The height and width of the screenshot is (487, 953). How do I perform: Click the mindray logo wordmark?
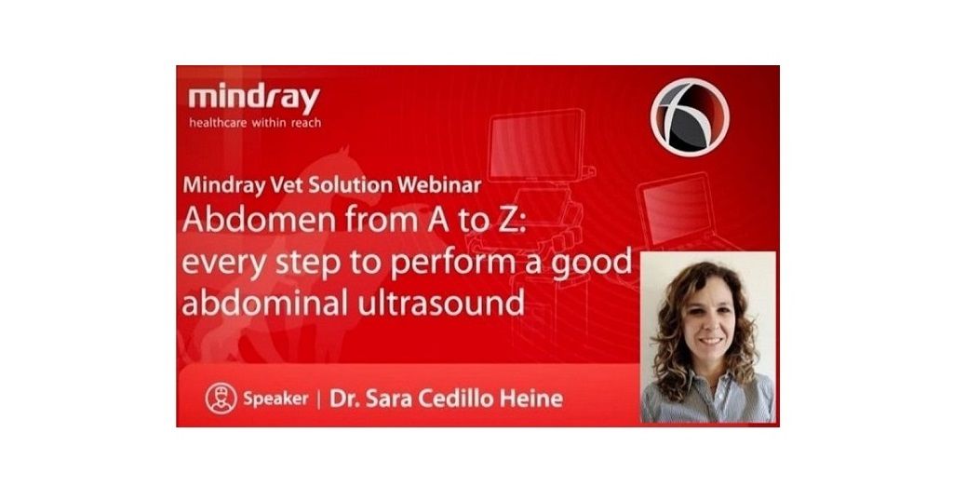click(254, 98)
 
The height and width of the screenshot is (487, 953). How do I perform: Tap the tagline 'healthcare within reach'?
click(255, 123)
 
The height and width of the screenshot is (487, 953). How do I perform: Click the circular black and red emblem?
click(690, 117)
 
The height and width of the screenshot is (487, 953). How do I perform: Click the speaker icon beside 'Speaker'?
click(221, 399)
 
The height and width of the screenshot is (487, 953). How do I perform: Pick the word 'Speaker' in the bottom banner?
click(275, 399)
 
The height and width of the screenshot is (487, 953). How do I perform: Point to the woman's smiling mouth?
click(711, 341)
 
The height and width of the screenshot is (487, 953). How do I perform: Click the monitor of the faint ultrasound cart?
click(537, 144)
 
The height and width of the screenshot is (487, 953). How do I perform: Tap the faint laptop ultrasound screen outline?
click(677, 207)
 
